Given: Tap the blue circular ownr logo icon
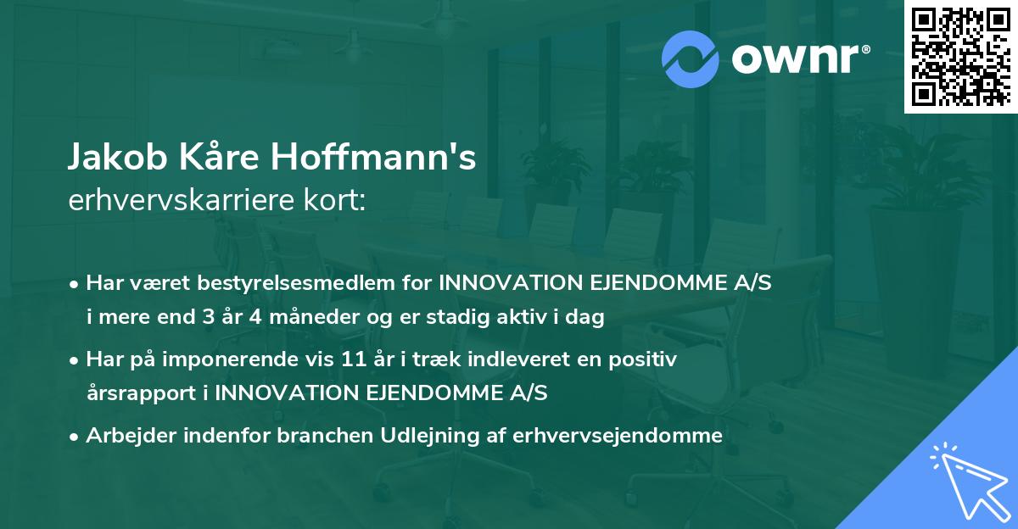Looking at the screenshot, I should pyautogui.click(x=689, y=58).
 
